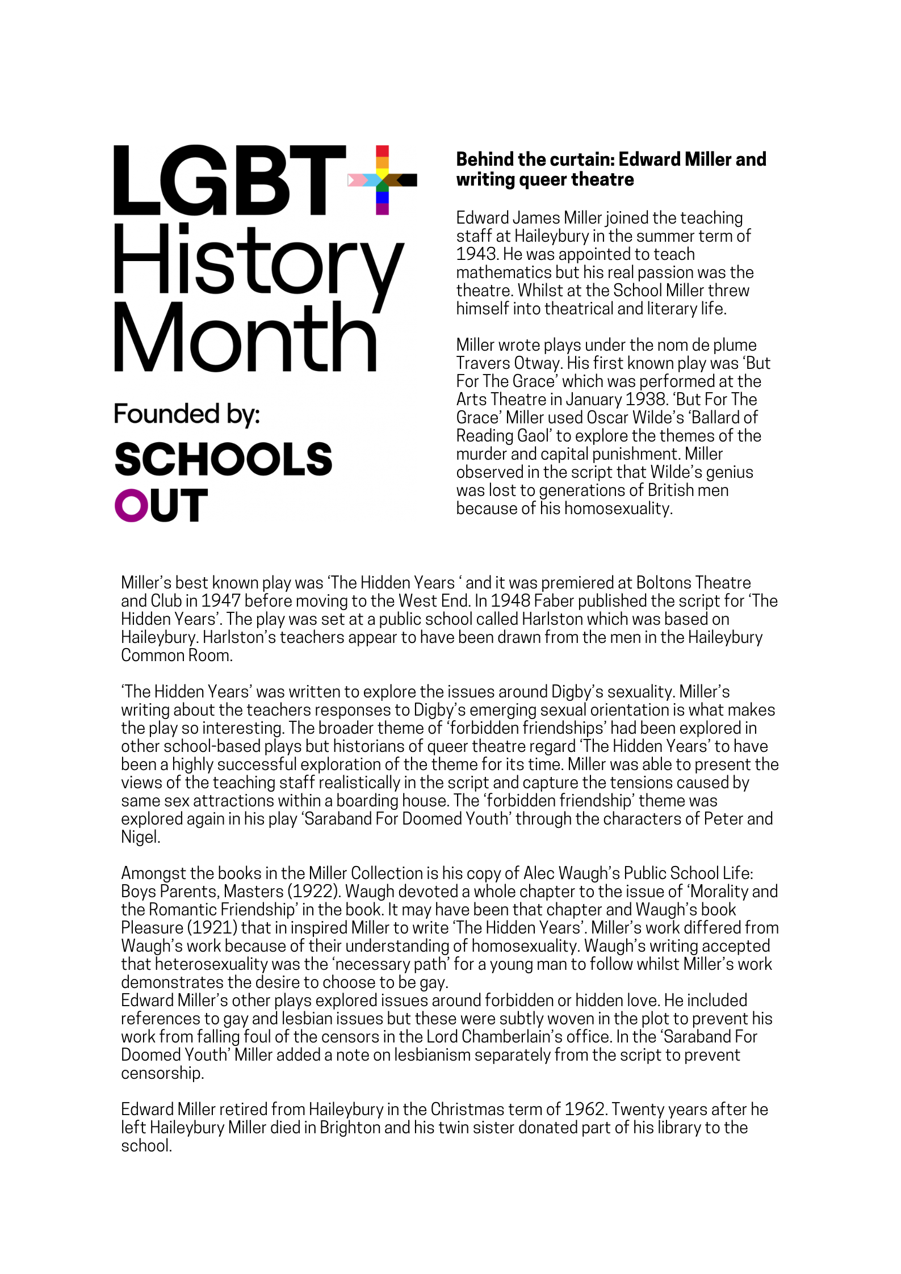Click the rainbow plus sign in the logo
pyautogui.click(x=382, y=180)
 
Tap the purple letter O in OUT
pyautogui.click(x=131, y=505)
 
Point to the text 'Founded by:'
pyautogui.click(x=187, y=414)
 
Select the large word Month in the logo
pyautogui.click(x=245, y=338)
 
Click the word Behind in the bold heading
pyautogui.click(x=483, y=159)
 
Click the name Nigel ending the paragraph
pyautogui.click(x=140, y=837)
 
